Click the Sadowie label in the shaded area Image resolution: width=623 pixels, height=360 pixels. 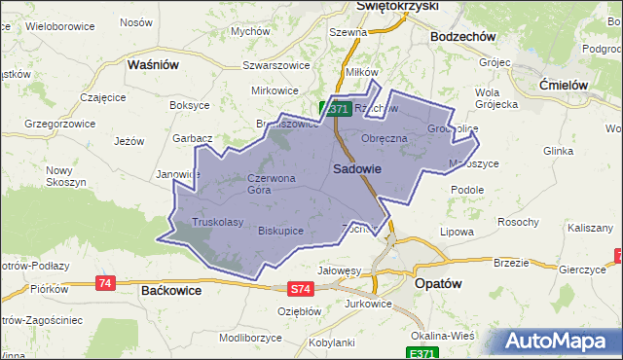[x=356, y=168]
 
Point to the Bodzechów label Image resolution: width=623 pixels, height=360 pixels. [x=463, y=36]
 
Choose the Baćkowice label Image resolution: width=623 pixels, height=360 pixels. [x=178, y=290]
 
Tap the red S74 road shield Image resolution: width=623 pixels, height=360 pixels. [x=302, y=289]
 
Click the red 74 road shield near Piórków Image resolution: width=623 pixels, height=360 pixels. [x=106, y=283]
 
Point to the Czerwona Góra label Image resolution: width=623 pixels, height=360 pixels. [x=271, y=184]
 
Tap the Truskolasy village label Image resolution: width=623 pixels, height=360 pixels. [x=217, y=222]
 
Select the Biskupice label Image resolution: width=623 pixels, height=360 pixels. [x=281, y=231]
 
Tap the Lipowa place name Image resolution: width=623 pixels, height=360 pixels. [x=457, y=232]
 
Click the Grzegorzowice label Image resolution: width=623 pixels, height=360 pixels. [x=57, y=124]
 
